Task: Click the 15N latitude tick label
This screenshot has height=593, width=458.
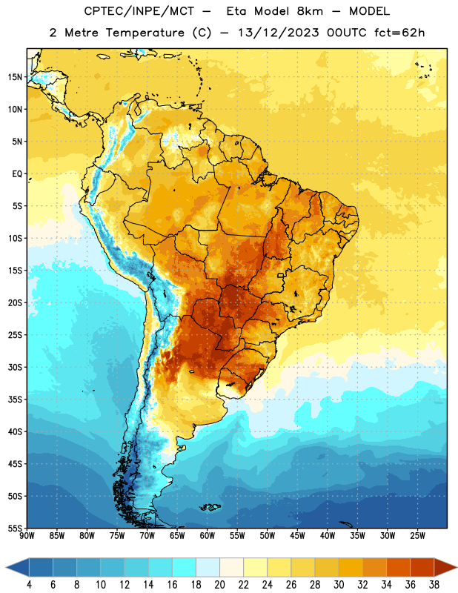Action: [15, 77]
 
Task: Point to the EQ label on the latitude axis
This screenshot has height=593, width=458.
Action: [17, 174]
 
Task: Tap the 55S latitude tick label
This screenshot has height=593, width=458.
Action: [15, 528]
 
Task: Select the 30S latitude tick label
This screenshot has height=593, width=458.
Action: [15, 367]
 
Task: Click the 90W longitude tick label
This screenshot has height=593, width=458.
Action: [27, 536]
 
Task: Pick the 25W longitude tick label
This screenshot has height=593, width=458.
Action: [417, 536]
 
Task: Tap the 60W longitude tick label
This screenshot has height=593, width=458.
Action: [208, 536]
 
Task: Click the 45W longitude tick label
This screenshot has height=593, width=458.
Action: [297, 536]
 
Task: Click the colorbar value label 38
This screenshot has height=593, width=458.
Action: [434, 584]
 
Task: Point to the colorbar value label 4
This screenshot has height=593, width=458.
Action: [29, 584]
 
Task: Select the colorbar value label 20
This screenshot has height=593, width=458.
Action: [219, 584]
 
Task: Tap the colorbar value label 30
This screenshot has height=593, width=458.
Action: [339, 584]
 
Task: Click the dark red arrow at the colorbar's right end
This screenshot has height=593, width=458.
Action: [445, 567]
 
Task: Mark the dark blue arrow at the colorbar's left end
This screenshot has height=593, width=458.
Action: [18, 567]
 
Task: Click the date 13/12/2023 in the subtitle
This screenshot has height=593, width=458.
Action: [279, 33]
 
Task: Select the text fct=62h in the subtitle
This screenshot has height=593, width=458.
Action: [399, 33]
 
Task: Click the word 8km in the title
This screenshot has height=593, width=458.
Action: [310, 11]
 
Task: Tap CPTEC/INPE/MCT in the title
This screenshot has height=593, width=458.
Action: [139, 11]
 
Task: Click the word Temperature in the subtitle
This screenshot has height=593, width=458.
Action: [145, 33]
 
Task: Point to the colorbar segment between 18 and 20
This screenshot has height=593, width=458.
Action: [208, 567]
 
